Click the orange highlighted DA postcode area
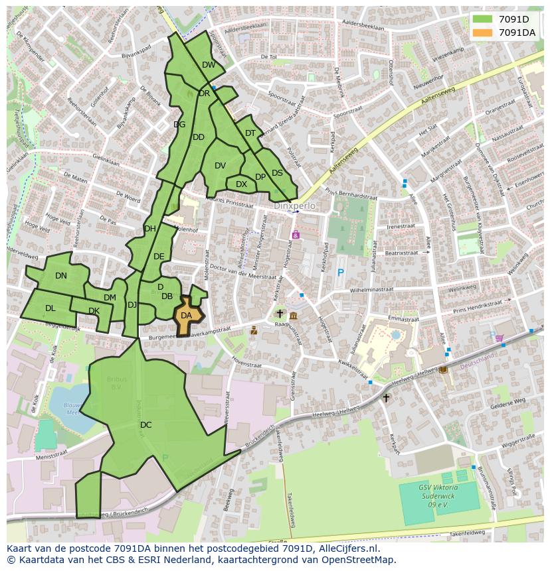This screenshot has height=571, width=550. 187,316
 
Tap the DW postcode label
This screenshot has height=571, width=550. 209,65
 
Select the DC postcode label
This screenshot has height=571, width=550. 146,424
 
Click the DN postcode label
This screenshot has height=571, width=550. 61,276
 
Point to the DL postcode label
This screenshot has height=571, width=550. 50,308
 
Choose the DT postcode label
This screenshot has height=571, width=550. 250,133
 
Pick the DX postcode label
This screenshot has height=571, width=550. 241,184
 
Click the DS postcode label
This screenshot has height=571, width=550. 277,173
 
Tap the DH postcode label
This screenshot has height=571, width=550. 150,229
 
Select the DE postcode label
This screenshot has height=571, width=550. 159,257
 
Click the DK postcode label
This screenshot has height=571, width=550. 94,311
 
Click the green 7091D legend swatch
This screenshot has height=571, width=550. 483,19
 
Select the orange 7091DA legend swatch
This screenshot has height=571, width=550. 483,32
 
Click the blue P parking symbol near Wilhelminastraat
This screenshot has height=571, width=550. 341,273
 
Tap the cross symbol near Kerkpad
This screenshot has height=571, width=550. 386,398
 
